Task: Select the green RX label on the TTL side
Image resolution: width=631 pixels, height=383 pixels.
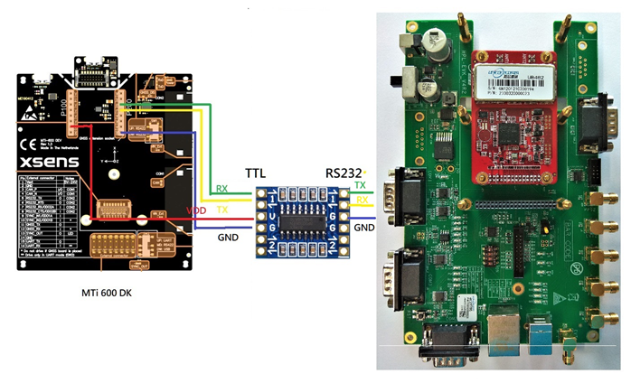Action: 221,189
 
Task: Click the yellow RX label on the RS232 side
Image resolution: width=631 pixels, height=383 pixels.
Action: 361,199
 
